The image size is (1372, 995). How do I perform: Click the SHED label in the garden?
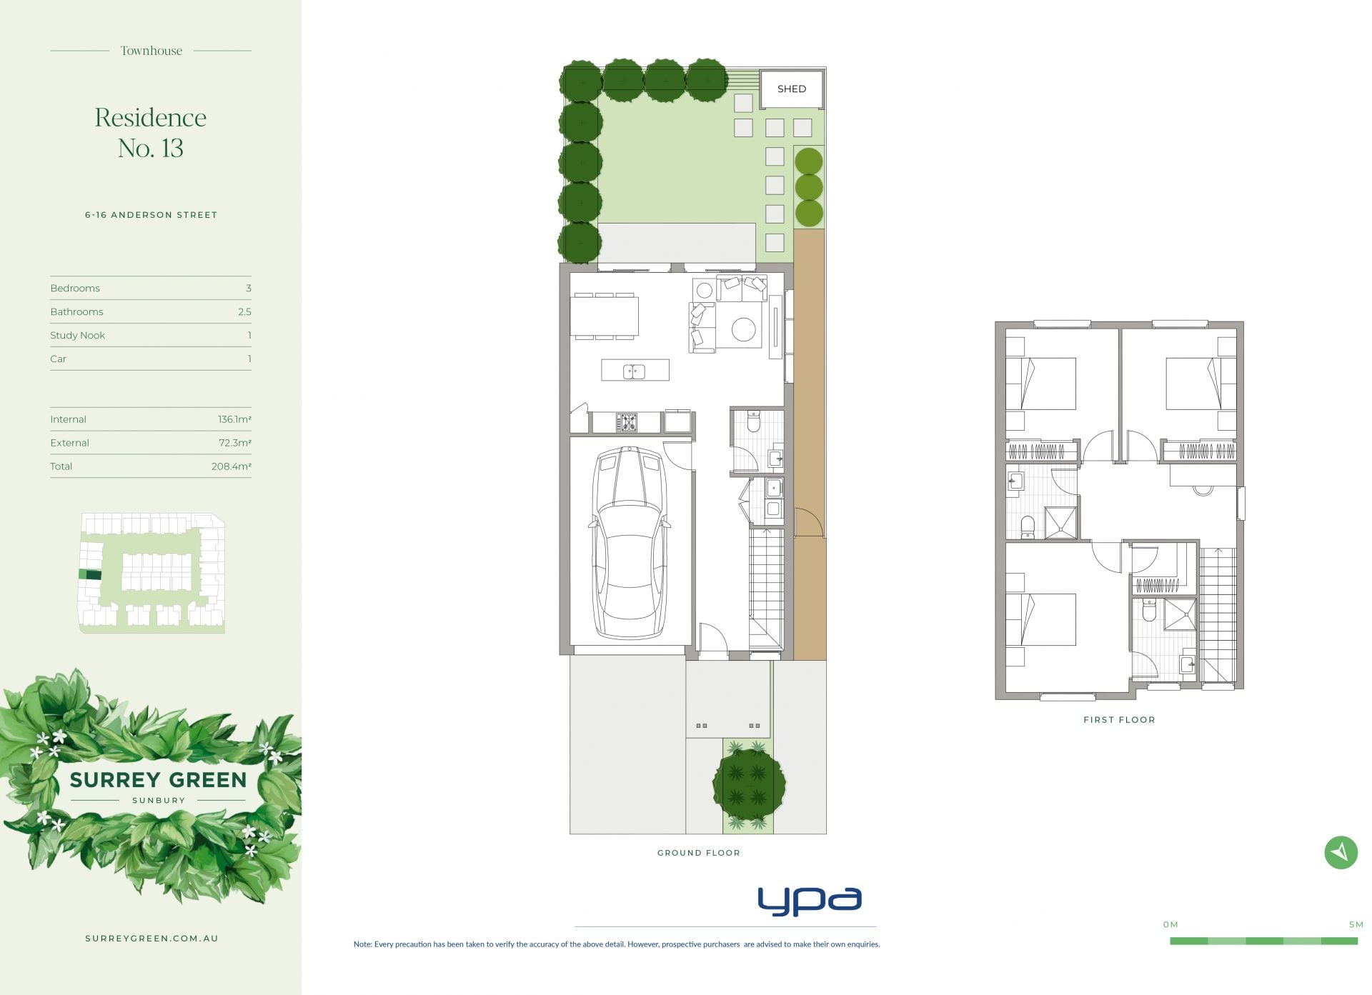[791, 89]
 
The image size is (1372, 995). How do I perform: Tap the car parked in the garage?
[629, 543]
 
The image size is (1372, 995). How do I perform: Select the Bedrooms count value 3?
[248, 288]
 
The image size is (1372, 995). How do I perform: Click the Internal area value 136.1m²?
[234, 419]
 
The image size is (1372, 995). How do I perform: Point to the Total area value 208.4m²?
[232, 466]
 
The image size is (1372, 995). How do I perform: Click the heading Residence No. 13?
[151, 132]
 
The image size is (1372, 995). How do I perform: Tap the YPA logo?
[810, 901]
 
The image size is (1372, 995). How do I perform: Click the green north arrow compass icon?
[1341, 851]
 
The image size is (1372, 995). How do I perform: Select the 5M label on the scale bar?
[1356, 924]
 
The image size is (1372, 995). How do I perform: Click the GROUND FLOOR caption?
[699, 852]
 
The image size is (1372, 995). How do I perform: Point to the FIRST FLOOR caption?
[1119, 719]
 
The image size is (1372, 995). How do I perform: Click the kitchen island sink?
[634, 371]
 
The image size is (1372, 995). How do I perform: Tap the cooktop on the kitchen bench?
[627, 422]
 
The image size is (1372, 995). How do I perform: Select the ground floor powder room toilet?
[753, 421]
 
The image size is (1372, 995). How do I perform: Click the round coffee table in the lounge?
[743, 330]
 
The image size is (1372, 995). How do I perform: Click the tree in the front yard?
[749, 783]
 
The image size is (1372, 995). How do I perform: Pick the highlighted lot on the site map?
[89, 574]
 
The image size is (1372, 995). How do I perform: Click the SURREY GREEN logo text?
[158, 779]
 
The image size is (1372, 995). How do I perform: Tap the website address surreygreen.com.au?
[151, 939]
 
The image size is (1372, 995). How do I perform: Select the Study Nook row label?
[77, 335]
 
